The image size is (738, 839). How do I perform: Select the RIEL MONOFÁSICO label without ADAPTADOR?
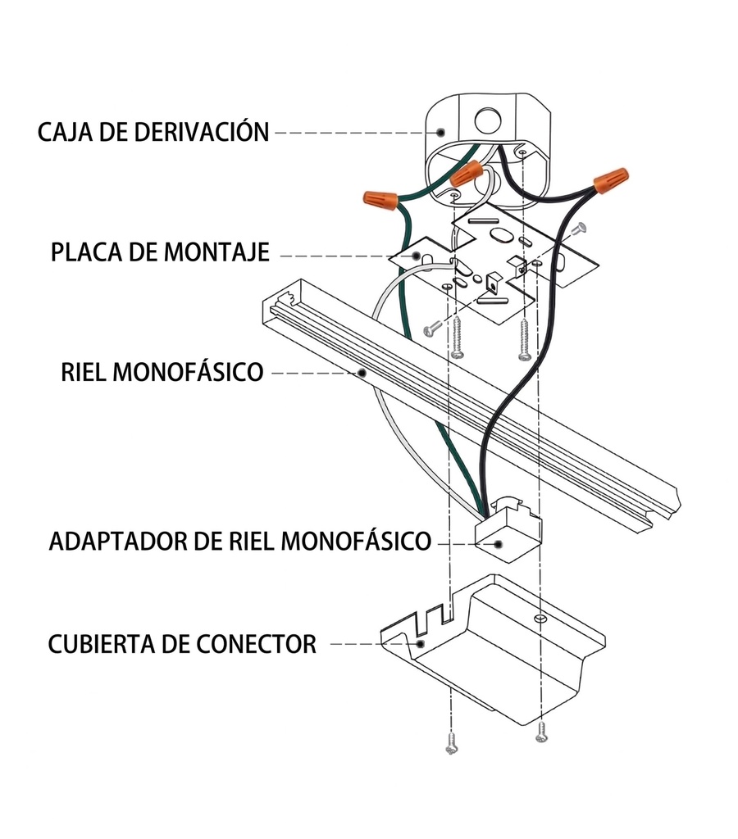click(x=162, y=372)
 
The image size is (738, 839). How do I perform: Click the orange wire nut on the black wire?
click(x=611, y=179)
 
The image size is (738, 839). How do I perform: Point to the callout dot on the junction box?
click(x=440, y=131)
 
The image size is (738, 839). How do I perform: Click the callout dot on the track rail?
click(x=362, y=373)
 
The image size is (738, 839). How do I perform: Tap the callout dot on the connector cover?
click(x=420, y=644)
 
